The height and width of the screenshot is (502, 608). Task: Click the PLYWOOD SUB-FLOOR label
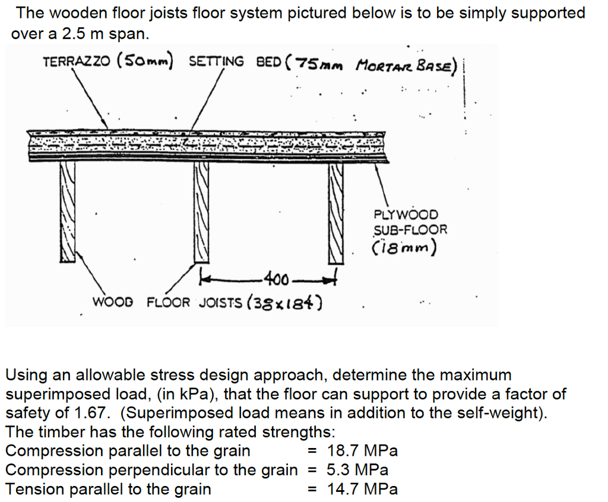(x=410, y=222)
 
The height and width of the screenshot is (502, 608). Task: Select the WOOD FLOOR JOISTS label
(x=167, y=303)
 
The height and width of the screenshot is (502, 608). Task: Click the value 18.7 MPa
(x=362, y=451)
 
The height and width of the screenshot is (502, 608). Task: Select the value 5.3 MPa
(x=357, y=470)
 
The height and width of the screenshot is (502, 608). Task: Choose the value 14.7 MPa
(x=362, y=489)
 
